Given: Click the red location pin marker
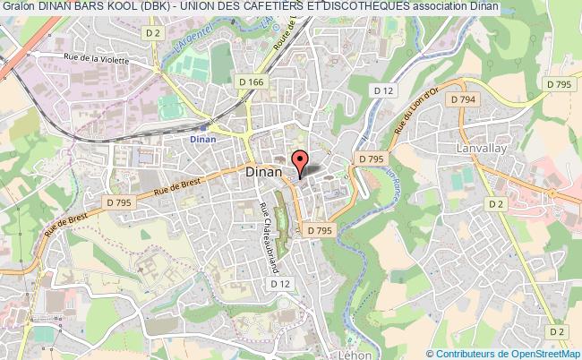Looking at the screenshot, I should [299, 162].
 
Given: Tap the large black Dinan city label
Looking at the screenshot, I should [263, 174].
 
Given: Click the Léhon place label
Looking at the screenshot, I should [331, 355].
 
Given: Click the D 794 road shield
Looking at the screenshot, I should [464, 99].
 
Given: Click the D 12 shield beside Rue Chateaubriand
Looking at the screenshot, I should [280, 283].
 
